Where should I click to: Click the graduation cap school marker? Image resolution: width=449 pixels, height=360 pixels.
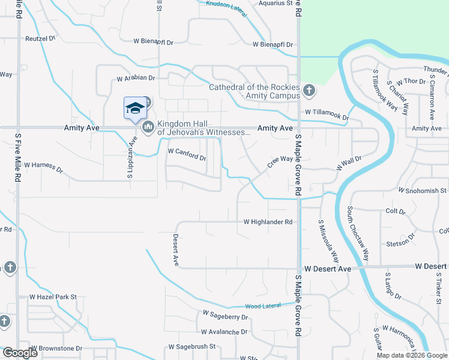135,109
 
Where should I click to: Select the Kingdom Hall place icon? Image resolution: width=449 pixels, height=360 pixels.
148,127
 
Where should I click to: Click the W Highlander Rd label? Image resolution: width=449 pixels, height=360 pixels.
268,222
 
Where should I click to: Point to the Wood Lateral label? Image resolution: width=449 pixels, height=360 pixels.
263,306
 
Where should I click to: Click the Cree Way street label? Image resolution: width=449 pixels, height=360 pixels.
280,160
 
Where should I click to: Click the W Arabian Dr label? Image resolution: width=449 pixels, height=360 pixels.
136,78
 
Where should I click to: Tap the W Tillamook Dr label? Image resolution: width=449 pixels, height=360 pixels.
327,112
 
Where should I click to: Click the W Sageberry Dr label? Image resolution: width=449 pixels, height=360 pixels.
225,314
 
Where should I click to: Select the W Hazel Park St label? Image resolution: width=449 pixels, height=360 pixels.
53,297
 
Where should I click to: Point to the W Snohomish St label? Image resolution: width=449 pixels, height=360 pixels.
423,190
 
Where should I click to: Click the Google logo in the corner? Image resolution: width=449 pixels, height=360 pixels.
19,353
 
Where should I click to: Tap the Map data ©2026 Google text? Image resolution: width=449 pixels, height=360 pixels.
412,355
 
